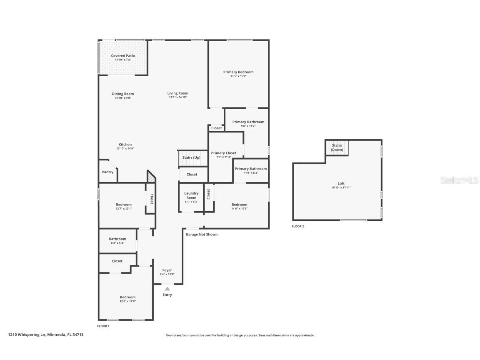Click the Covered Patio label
[123, 56]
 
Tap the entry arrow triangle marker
[167, 288]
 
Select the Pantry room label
[107, 172]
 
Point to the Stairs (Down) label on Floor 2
[337, 147]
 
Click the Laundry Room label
[191, 195]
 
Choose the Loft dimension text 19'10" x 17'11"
[341, 188]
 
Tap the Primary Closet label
[224, 153]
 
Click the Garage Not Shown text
[202, 235]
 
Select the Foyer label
[167, 270]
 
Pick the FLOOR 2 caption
[298, 226]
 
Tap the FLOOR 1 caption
[103, 326]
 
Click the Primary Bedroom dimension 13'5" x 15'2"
[238, 76]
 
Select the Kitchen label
[125, 145]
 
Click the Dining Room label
[123, 94]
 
